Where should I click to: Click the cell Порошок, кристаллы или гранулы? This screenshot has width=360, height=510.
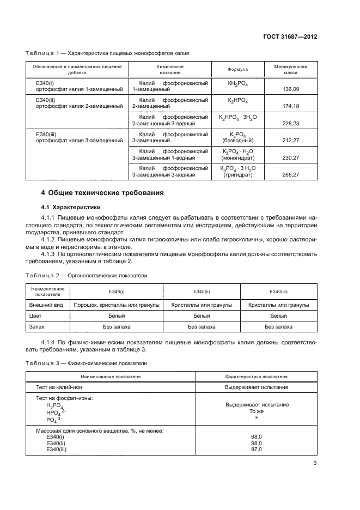click(x=116, y=305)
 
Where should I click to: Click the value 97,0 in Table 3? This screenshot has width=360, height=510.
click(x=257, y=449)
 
